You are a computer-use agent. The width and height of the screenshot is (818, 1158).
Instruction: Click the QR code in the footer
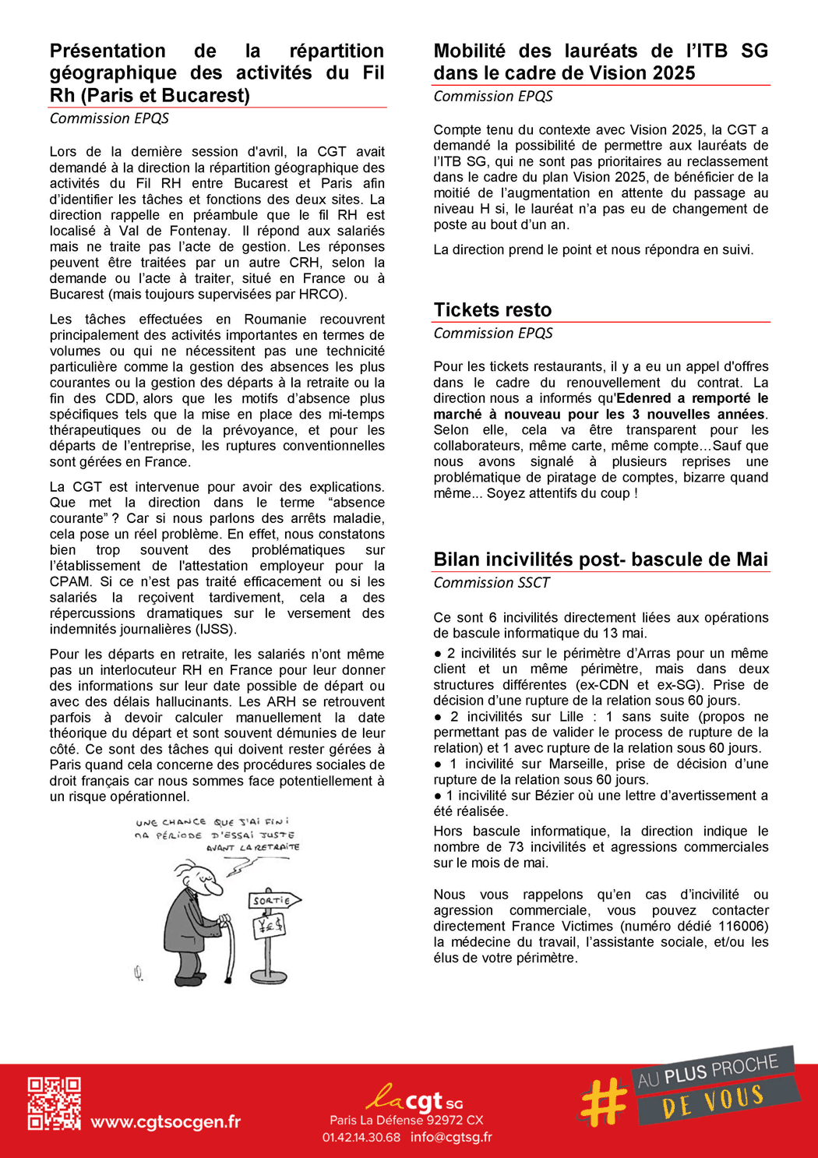coord(55,1103)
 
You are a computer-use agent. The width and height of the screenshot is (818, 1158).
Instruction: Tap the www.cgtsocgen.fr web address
coord(165,1122)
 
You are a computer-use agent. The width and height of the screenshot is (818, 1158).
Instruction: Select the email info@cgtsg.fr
coord(451,1137)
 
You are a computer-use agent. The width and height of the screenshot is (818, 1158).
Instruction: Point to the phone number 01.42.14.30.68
coord(361,1137)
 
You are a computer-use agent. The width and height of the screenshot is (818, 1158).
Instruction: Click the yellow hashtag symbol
coord(604,1101)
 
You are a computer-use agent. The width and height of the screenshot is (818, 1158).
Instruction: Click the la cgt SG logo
coord(414,1099)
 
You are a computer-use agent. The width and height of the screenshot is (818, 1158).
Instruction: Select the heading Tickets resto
coord(492,310)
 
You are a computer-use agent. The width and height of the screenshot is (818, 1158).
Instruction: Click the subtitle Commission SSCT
coord(491,583)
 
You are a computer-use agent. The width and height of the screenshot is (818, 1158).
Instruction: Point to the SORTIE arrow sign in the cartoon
coord(273,900)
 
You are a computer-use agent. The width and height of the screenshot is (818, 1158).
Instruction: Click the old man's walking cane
coord(228,951)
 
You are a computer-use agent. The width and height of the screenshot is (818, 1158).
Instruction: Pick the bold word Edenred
coord(644,398)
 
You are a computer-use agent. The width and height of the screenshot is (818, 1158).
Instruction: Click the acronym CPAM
coord(69,581)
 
